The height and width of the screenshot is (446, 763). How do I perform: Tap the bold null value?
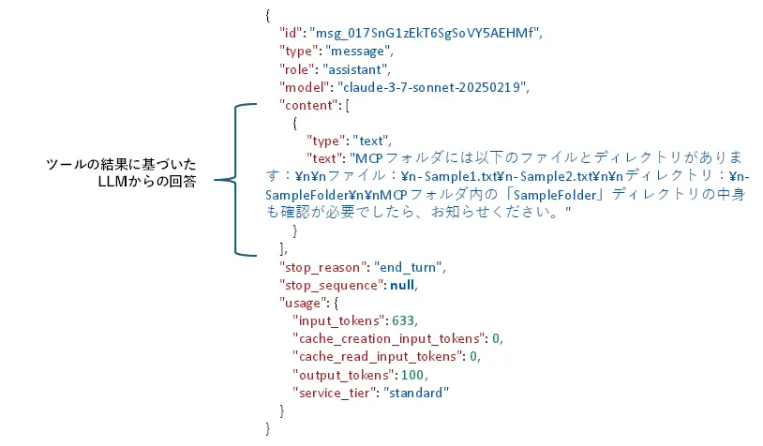point(398,284)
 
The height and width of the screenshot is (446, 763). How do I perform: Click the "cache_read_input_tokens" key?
point(377,356)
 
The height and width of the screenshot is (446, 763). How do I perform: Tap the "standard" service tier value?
point(415,392)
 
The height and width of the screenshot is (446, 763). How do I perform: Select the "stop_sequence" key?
point(330,284)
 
